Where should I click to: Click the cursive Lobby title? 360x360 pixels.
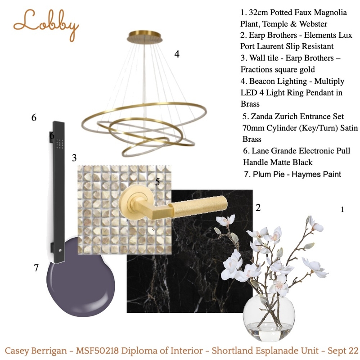click(x=46, y=25)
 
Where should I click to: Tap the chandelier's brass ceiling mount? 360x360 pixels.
click(x=144, y=37)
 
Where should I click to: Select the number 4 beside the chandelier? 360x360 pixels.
click(x=177, y=54)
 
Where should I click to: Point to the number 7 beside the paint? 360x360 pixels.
click(x=36, y=268)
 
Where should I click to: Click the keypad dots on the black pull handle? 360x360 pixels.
click(x=60, y=144)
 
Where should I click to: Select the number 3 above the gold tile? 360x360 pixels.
click(x=74, y=158)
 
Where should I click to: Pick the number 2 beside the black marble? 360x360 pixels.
click(x=258, y=208)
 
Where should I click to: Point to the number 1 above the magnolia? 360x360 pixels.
click(x=342, y=209)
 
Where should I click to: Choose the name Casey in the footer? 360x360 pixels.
click(x=17, y=351)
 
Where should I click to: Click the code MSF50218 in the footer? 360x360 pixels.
click(x=97, y=351)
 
